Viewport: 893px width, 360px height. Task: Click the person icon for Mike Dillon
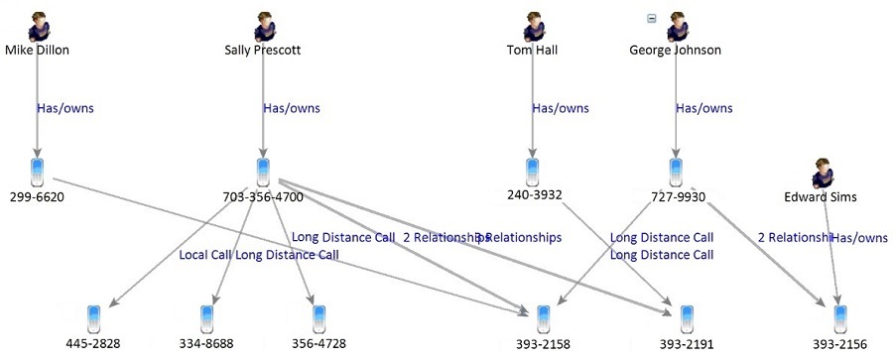point(39,26)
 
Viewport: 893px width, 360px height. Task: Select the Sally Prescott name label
point(263,50)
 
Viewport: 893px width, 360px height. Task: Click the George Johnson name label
point(675,50)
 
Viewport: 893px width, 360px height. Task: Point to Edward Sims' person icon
point(823,173)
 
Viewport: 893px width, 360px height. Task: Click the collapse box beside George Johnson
point(651,17)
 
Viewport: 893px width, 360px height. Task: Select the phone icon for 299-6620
point(38,172)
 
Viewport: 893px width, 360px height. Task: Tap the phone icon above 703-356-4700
point(263,172)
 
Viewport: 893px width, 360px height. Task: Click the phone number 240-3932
point(534,195)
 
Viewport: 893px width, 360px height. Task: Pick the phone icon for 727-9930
point(676,172)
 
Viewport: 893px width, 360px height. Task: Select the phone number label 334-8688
point(206,343)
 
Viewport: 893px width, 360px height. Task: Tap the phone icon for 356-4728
point(319,318)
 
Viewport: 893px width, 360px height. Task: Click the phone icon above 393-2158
point(543,318)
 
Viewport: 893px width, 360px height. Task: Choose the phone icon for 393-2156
point(841,318)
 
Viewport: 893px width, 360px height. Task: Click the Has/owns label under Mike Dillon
point(64,108)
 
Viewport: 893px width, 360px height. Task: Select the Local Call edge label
point(205,255)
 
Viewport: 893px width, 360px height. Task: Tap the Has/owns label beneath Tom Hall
point(561,108)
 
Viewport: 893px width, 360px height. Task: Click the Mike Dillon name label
point(37,50)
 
